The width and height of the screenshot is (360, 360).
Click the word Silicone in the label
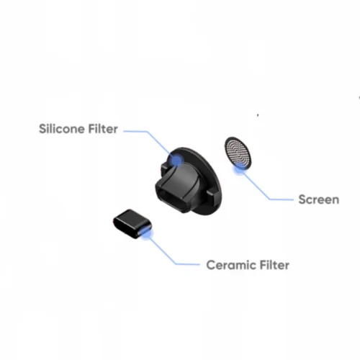click(62, 129)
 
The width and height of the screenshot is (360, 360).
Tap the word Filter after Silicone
click(103, 129)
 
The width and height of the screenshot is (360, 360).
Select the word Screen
click(319, 199)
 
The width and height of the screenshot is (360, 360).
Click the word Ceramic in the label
click(228, 265)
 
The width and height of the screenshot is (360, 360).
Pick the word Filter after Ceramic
click(271, 265)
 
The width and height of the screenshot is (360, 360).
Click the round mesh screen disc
click(238, 153)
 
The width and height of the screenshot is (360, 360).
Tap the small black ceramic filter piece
click(132, 224)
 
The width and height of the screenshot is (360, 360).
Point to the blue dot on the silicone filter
click(176, 159)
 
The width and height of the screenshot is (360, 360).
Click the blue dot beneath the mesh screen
click(239, 169)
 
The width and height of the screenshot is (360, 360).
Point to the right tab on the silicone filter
click(210, 195)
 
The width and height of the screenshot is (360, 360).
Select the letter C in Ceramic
click(210, 265)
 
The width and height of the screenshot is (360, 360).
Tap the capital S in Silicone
click(42, 129)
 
